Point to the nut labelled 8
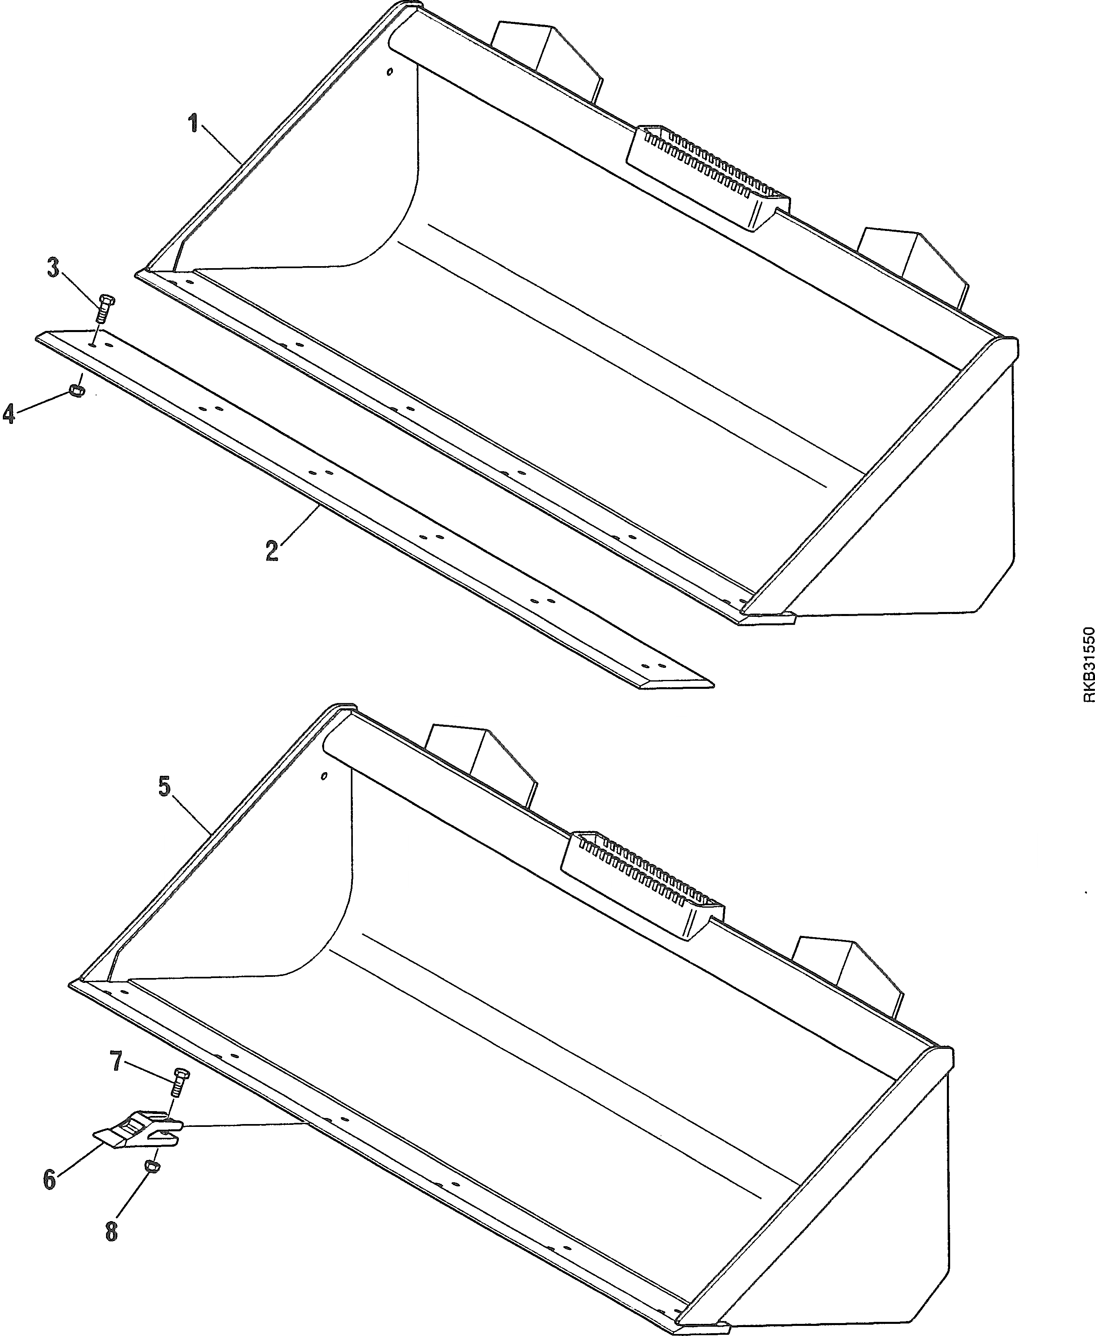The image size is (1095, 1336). pos(151,1167)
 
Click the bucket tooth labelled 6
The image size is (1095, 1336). pos(138,1130)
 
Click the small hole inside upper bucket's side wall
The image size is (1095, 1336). pos(390,72)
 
